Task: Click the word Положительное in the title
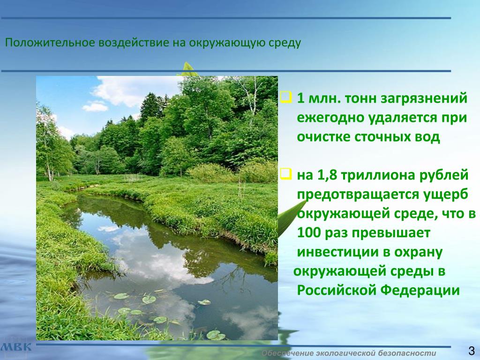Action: coord(50,43)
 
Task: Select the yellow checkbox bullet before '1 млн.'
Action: coord(286,97)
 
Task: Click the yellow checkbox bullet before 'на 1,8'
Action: coord(286,174)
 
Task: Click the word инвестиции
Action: coord(336,252)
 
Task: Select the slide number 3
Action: coord(472,351)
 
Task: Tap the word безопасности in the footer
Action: coord(407,353)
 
